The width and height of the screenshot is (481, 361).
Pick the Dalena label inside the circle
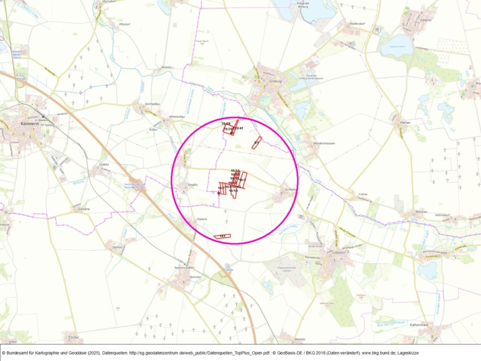202,219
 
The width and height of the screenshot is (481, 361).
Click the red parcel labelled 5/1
257,143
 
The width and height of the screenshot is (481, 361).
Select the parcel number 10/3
242,180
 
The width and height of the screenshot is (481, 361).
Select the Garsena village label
83,209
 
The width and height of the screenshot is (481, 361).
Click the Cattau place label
363,194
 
